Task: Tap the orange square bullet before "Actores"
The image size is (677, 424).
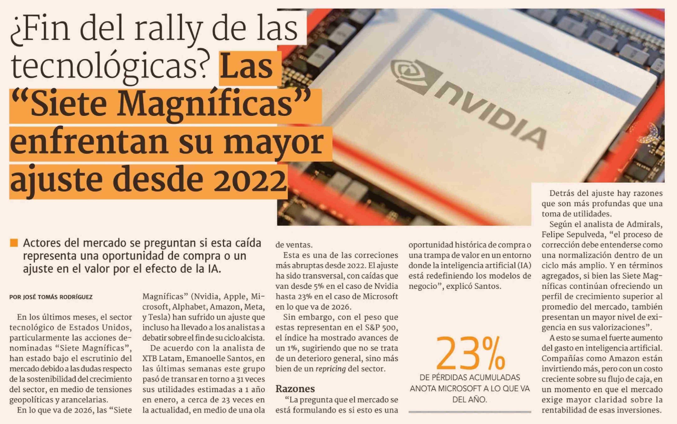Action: point(14,243)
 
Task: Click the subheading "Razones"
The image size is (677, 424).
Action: point(295,389)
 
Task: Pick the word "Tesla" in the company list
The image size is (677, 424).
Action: point(158,317)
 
